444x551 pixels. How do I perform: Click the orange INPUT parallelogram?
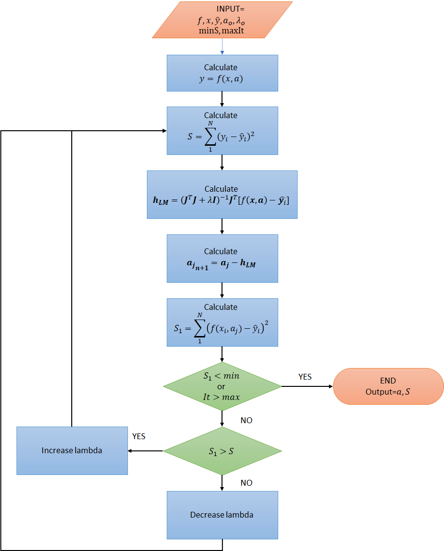coord(222,20)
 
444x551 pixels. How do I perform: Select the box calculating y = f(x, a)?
coord(222,73)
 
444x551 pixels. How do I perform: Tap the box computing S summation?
coord(222,131)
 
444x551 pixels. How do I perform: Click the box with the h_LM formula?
coord(222,195)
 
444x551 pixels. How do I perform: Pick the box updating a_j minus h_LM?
coord(222,259)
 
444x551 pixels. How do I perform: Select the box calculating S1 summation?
coord(222,322)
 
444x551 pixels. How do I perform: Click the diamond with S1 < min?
coord(222,386)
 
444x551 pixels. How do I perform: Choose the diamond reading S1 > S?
coord(222,451)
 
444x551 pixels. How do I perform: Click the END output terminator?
coord(388,386)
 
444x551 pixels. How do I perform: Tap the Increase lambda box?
coord(72,451)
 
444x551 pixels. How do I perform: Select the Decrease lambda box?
coord(222,515)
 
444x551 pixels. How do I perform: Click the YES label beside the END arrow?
coord(305,377)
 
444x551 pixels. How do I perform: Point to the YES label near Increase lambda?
coord(139,436)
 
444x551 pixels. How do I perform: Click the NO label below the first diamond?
coord(246,420)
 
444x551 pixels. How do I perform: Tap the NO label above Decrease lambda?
coord(246,483)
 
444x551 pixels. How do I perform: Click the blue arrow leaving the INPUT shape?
coord(222,46)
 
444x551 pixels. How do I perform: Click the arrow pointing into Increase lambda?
coord(145,451)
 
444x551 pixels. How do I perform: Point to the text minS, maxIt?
coord(222,31)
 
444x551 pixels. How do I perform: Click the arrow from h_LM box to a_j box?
coord(222,227)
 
